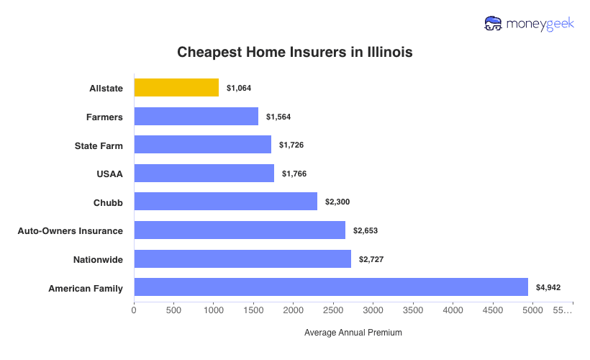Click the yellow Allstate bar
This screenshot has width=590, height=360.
[x=176, y=88]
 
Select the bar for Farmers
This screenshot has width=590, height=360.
[x=196, y=117]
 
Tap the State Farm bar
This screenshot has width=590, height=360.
[x=202, y=145]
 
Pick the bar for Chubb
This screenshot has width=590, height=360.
[x=225, y=202]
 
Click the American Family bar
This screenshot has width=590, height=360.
[x=331, y=288]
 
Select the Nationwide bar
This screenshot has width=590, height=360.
[x=242, y=259]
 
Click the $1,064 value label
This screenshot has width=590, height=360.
[x=239, y=88]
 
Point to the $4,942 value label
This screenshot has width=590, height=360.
[x=548, y=288]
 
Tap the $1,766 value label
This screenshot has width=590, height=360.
[x=294, y=174]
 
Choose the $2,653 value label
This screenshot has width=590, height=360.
[x=366, y=230]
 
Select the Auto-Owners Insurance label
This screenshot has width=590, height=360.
[x=71, y=230]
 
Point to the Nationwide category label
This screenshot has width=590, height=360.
[x=98, y=259]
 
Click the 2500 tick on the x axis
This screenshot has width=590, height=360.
[x=333, y=310]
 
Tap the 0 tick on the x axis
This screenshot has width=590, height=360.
[x=134, y=310]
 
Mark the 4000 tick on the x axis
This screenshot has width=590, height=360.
[x=453, y=310]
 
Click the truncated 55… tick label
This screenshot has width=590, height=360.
[x=563, y=310]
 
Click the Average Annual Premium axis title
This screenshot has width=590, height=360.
[x=353, y=333]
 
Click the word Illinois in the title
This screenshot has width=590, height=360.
[x=386, y=53]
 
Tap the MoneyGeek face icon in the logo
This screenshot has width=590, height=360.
[x=493, y=24]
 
